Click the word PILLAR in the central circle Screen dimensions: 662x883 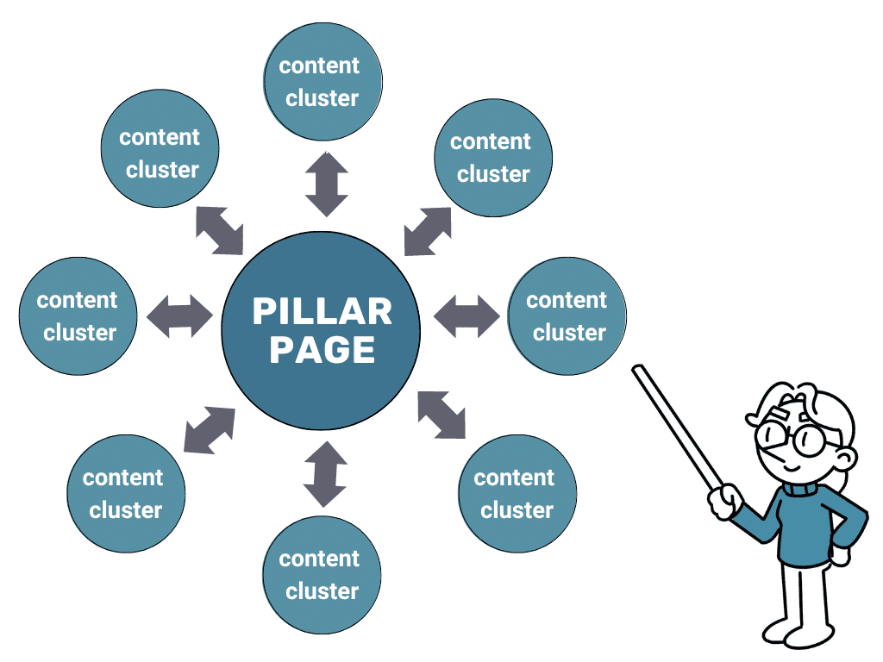322,311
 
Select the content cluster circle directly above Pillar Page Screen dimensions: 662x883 322,81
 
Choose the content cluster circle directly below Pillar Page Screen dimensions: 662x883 322,575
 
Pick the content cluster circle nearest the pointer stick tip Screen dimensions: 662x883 567,315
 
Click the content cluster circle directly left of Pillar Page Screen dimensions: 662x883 78,315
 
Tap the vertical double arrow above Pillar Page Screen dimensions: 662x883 327,184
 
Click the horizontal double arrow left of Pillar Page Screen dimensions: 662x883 179,316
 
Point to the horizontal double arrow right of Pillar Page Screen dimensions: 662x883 466,316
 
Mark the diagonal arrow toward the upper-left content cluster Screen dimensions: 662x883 219,230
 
